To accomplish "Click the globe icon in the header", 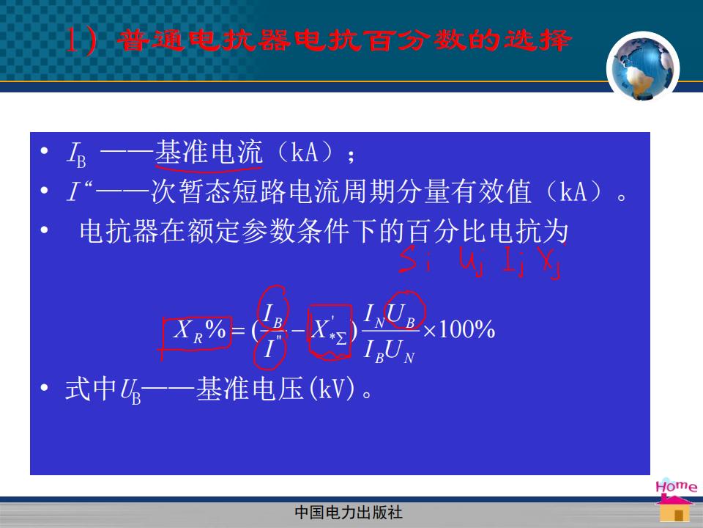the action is pos(643,68).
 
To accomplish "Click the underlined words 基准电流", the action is pos(209,152).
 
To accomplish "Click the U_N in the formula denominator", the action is pos(399,351).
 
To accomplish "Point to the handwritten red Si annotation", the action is pos(415,259).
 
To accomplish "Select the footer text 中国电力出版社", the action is pos(349,513).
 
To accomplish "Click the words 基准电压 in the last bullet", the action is pos(250,389).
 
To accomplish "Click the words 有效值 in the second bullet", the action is pos(491,191).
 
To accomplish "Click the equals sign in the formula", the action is pos(237,331).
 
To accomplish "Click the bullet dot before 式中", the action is pos(44,387).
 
